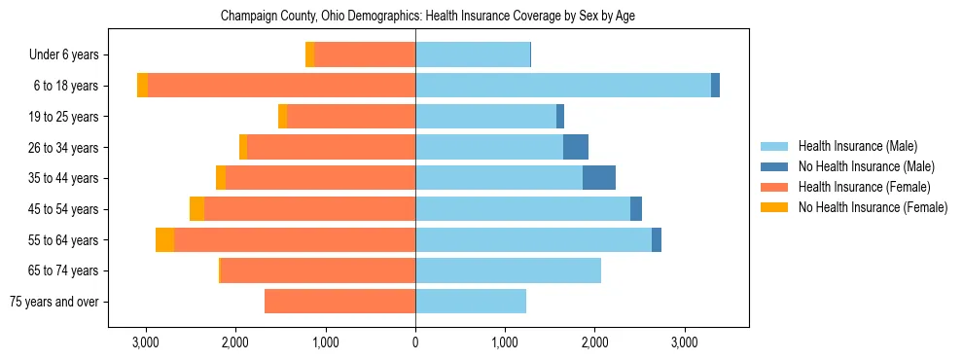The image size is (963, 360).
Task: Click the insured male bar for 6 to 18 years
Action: click(562, 86)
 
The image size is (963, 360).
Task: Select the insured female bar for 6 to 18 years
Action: click(281, 86)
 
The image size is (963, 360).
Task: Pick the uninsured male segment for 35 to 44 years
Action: click(599, 178)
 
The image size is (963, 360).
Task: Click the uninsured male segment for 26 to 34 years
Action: click(576, 147)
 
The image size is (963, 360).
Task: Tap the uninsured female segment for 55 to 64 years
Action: click(165, 240)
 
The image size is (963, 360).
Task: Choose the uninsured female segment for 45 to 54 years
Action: click(197, 209)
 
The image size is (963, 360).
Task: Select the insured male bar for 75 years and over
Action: click(471, 302)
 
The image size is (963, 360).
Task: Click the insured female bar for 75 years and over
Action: click(340, 302)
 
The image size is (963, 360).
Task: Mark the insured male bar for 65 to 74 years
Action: click(508, 270)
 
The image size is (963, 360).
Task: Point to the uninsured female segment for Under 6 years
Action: click(310, 55)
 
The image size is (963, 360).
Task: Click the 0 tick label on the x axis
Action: click(415, 343)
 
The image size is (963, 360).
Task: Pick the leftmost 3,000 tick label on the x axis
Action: click(146, 343)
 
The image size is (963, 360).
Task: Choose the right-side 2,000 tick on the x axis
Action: click(594, 343)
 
